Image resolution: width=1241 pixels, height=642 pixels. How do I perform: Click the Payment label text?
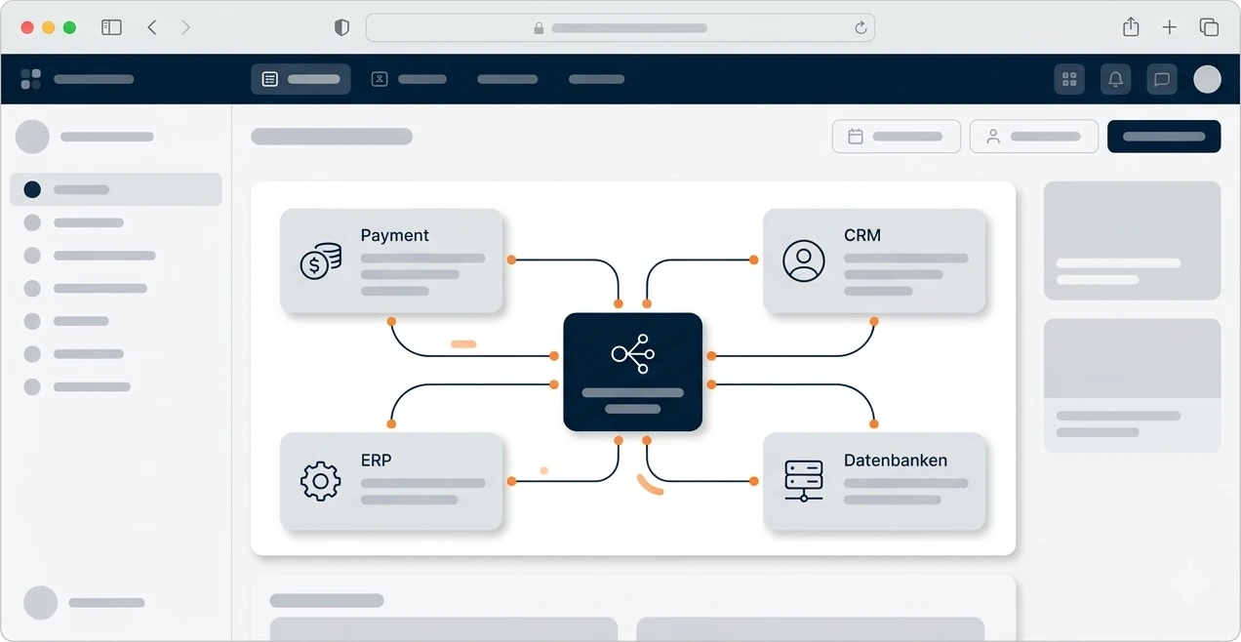[394, 235]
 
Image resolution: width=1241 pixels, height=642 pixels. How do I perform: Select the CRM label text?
[862, 235]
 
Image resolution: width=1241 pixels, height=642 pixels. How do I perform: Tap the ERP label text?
[376, 461]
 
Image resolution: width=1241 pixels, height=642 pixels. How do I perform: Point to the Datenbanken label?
[896, 461]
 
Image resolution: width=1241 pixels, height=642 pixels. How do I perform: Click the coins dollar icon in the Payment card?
[321, 261]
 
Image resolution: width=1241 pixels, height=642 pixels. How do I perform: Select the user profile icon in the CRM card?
[803, 261]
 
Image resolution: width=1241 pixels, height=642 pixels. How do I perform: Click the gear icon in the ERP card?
[320, 481]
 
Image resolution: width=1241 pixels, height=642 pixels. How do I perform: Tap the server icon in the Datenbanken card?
[803, 481]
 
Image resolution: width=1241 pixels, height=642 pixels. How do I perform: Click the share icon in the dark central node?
[633, 353]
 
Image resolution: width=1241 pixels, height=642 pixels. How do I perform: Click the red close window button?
[27, 27]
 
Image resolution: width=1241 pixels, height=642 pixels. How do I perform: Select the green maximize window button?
[69, 27]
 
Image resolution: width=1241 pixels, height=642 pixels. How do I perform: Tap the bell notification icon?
[1115, 79]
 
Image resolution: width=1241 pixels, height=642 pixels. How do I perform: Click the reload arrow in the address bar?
[861, 27]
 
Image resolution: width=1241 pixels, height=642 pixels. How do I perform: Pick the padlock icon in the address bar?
[539, 27]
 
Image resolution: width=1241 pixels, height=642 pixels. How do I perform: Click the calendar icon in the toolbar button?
[856, 137]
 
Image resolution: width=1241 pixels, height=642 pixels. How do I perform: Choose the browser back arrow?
[152, 27]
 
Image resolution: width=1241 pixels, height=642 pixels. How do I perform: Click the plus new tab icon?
[1170, 27]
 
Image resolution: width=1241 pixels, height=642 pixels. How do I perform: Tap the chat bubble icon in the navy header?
[1162, 79]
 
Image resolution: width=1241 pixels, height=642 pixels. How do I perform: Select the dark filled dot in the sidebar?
[32, 189]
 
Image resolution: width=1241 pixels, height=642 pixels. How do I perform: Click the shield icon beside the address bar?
[341, 27]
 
